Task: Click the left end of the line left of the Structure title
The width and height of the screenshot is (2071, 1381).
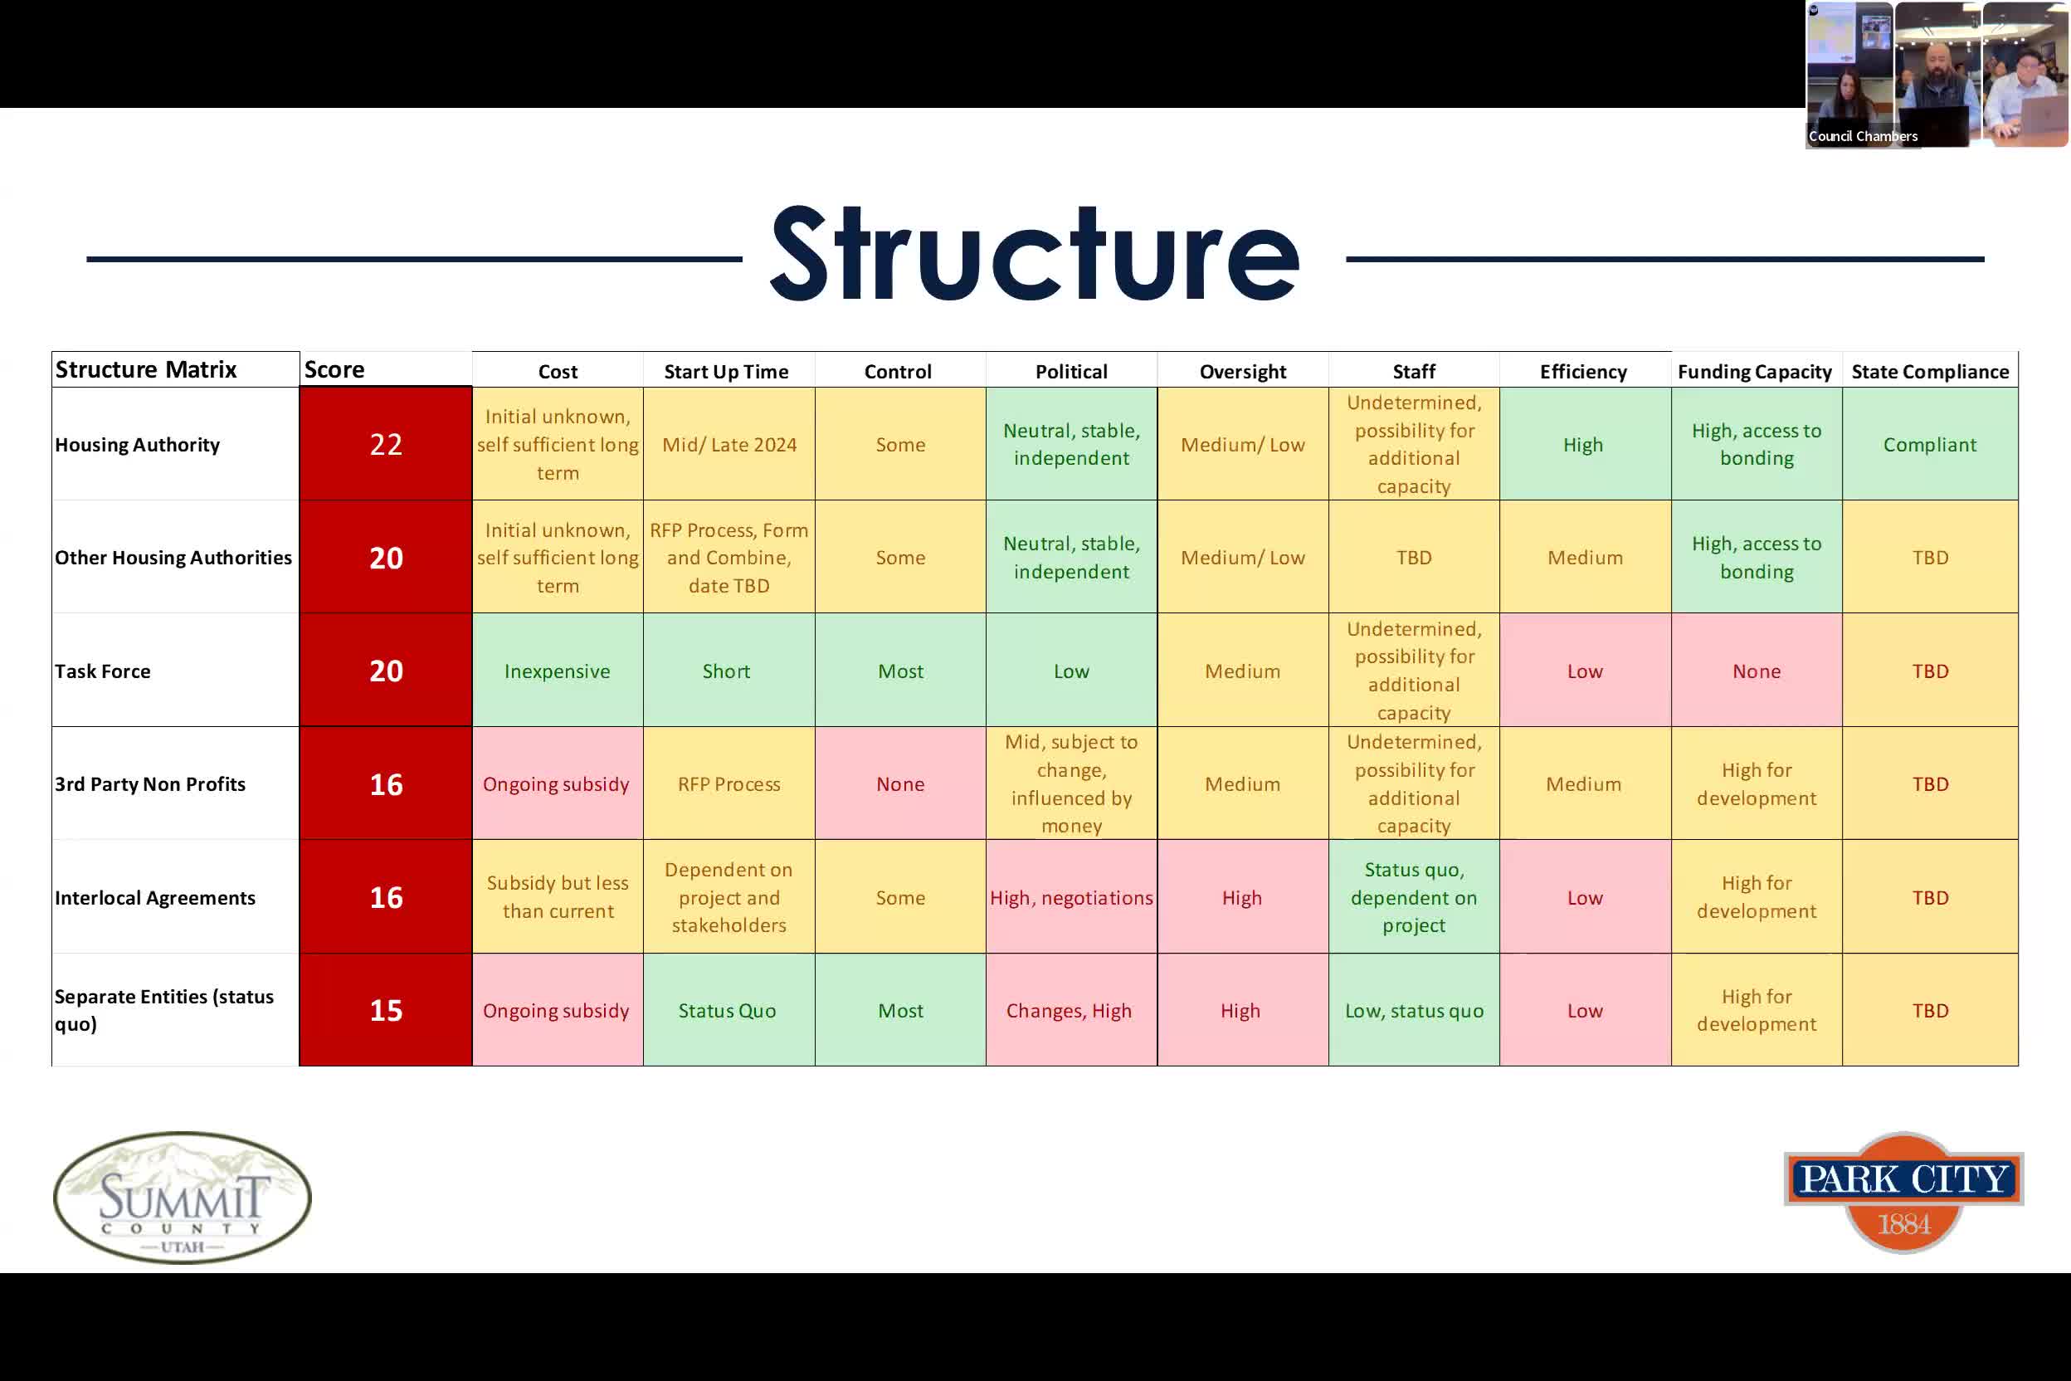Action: click(87, 259)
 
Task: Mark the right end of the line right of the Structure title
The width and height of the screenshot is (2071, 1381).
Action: click(1984, 259)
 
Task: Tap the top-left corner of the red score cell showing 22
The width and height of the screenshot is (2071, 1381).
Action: click(300, 388)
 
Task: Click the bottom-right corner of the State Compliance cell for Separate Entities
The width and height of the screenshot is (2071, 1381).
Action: click(2018, 1066)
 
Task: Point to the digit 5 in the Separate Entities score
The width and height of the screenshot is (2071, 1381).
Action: click(395, 1010)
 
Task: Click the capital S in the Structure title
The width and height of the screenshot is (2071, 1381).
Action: click(799, 254)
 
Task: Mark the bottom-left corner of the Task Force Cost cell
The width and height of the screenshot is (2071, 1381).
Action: click(473, 727)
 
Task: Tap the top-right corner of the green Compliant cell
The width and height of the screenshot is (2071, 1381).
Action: click(2018, 388)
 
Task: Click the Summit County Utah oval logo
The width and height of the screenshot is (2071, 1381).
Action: click(183, 1198)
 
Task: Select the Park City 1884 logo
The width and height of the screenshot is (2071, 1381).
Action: click(1903, 1193)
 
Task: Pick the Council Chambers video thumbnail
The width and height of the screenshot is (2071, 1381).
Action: click(1937, 74)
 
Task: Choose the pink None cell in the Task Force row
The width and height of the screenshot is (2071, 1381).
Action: click(1757, 671)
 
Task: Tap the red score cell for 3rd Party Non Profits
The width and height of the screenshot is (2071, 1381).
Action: click(386, 783)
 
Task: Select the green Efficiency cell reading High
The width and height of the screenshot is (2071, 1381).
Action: click(1585, 444)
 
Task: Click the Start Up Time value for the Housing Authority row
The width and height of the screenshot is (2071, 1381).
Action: click(729, 445)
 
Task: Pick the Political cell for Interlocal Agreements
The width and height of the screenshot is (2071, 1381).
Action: click(1072, 896)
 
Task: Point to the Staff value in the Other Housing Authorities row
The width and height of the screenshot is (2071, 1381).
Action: click(1414, 558)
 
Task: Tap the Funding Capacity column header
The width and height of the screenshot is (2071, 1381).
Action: click(1755, 372)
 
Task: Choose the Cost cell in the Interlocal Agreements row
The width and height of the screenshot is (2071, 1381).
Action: click(558, 896)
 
